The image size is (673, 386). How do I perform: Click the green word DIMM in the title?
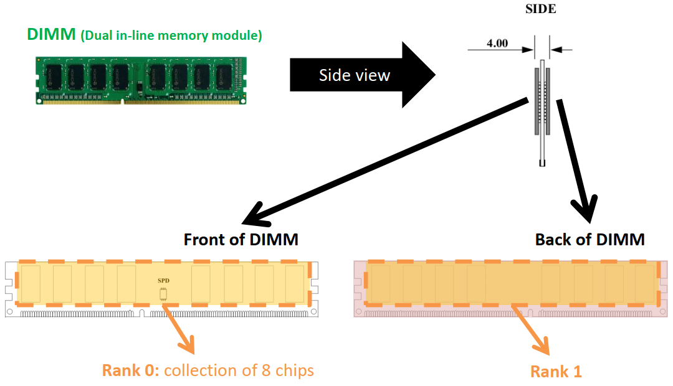pos(51,35)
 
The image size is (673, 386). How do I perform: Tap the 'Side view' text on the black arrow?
pos(354,75)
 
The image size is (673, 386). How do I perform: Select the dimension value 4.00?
pos(497,44)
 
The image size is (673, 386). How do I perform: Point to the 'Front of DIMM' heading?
pos(241,239)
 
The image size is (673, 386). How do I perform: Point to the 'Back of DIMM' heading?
pos(589,239)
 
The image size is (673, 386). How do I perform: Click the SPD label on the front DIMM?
pos(163,281)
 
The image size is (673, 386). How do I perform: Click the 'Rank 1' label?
pos(556,372)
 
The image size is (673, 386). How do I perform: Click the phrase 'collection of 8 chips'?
pos(239,370)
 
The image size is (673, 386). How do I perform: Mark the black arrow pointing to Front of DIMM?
pos(386,162)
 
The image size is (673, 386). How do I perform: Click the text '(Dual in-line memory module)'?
pos(171,36)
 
